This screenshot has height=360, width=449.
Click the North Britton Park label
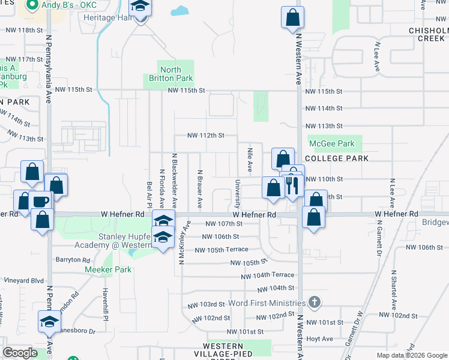pyautogui.click(x=171, y=74)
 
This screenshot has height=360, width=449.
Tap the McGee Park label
pyautogui.click(x=331, y=144)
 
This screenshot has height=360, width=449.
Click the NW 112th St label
pyautogui.click(x=205, y=136)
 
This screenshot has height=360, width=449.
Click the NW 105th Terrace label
pyautogui.click(x=221, y=250)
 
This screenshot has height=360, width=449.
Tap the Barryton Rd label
pyautogui.click(x=72, y=260)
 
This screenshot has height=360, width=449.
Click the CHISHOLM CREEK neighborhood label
pyautogui.click(x=428, y=34)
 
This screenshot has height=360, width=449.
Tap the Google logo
pyautogui.click(x=20, y=353)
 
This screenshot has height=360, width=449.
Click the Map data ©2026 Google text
pyautogui.click(x=411, y=355)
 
